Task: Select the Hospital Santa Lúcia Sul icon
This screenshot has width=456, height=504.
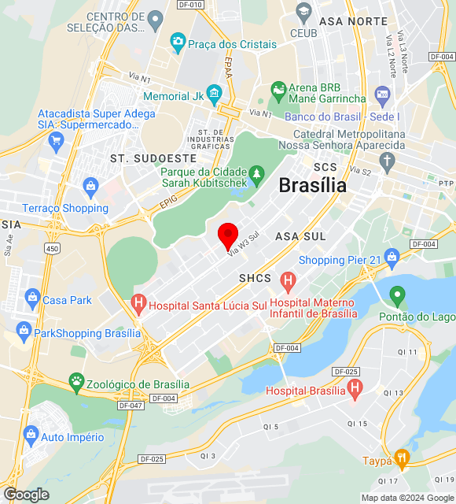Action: (x=139, y=302)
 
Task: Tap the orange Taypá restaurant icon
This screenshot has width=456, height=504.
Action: (x=402, y=458)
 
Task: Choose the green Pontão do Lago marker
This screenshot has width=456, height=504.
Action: (x=398, y=296)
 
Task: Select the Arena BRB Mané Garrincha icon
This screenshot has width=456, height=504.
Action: (x=278, y=91)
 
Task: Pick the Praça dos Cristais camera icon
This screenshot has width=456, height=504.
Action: (x=178, y=40)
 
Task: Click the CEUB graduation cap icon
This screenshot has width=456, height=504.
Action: (x=303, y=12)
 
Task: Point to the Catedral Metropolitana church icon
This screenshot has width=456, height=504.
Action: (x=386, y=162)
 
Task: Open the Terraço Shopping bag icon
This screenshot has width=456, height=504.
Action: (x=90, y=187)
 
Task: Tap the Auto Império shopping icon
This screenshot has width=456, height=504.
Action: (x=31, y=434)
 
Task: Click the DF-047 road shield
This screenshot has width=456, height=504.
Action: (x=130, y=405)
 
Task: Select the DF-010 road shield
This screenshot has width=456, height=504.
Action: (x=191, y=4)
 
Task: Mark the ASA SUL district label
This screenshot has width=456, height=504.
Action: (x=300, y=236)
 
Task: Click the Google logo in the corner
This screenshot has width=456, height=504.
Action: (x=26, y=495)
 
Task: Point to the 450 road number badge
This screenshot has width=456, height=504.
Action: (x=53, y=249)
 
